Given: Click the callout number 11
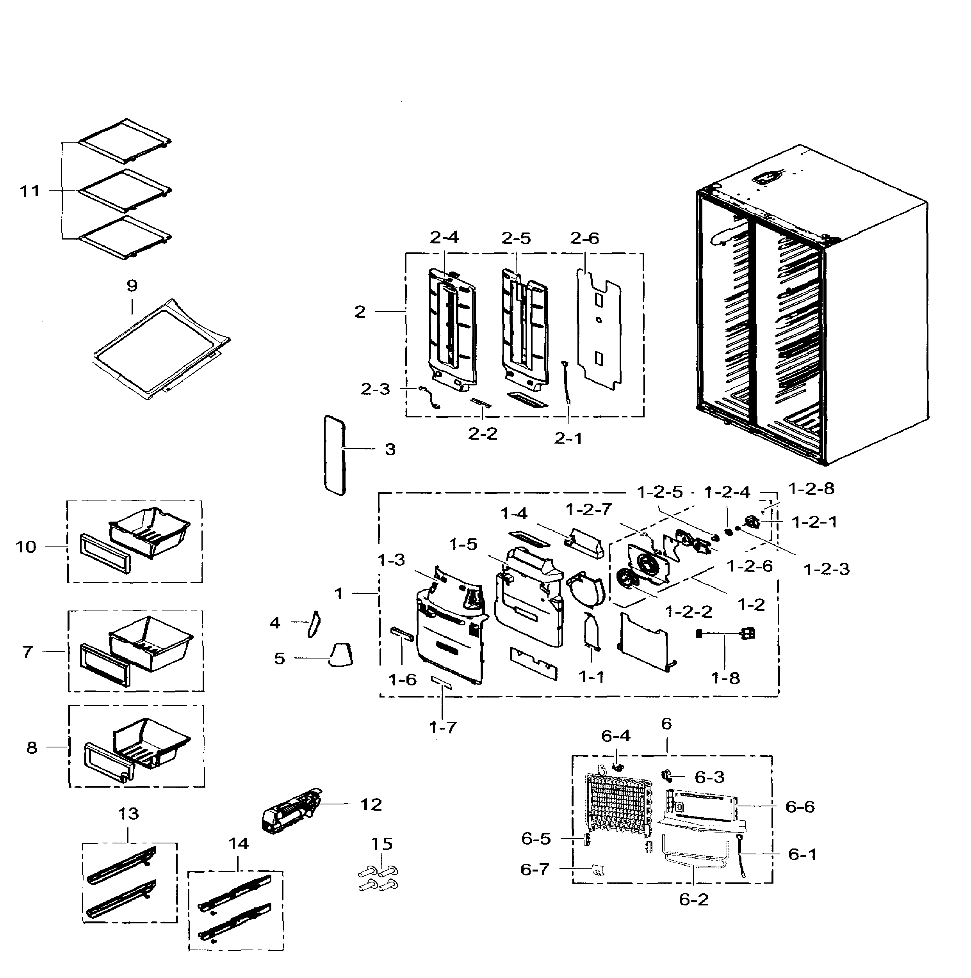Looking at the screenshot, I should point(29,191).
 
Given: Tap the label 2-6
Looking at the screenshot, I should point(584,238).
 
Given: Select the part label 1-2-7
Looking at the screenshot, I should point(589,509).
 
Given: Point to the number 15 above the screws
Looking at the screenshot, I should point(381,844).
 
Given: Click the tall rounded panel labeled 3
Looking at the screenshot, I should point(334,455).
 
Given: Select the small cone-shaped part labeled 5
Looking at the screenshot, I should point(341,655).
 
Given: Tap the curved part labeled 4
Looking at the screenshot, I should point(314,624).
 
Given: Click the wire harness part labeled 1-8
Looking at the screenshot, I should point(724,633).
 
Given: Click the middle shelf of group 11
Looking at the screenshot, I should point(125,190).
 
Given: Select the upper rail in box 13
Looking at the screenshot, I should point(121,867).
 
